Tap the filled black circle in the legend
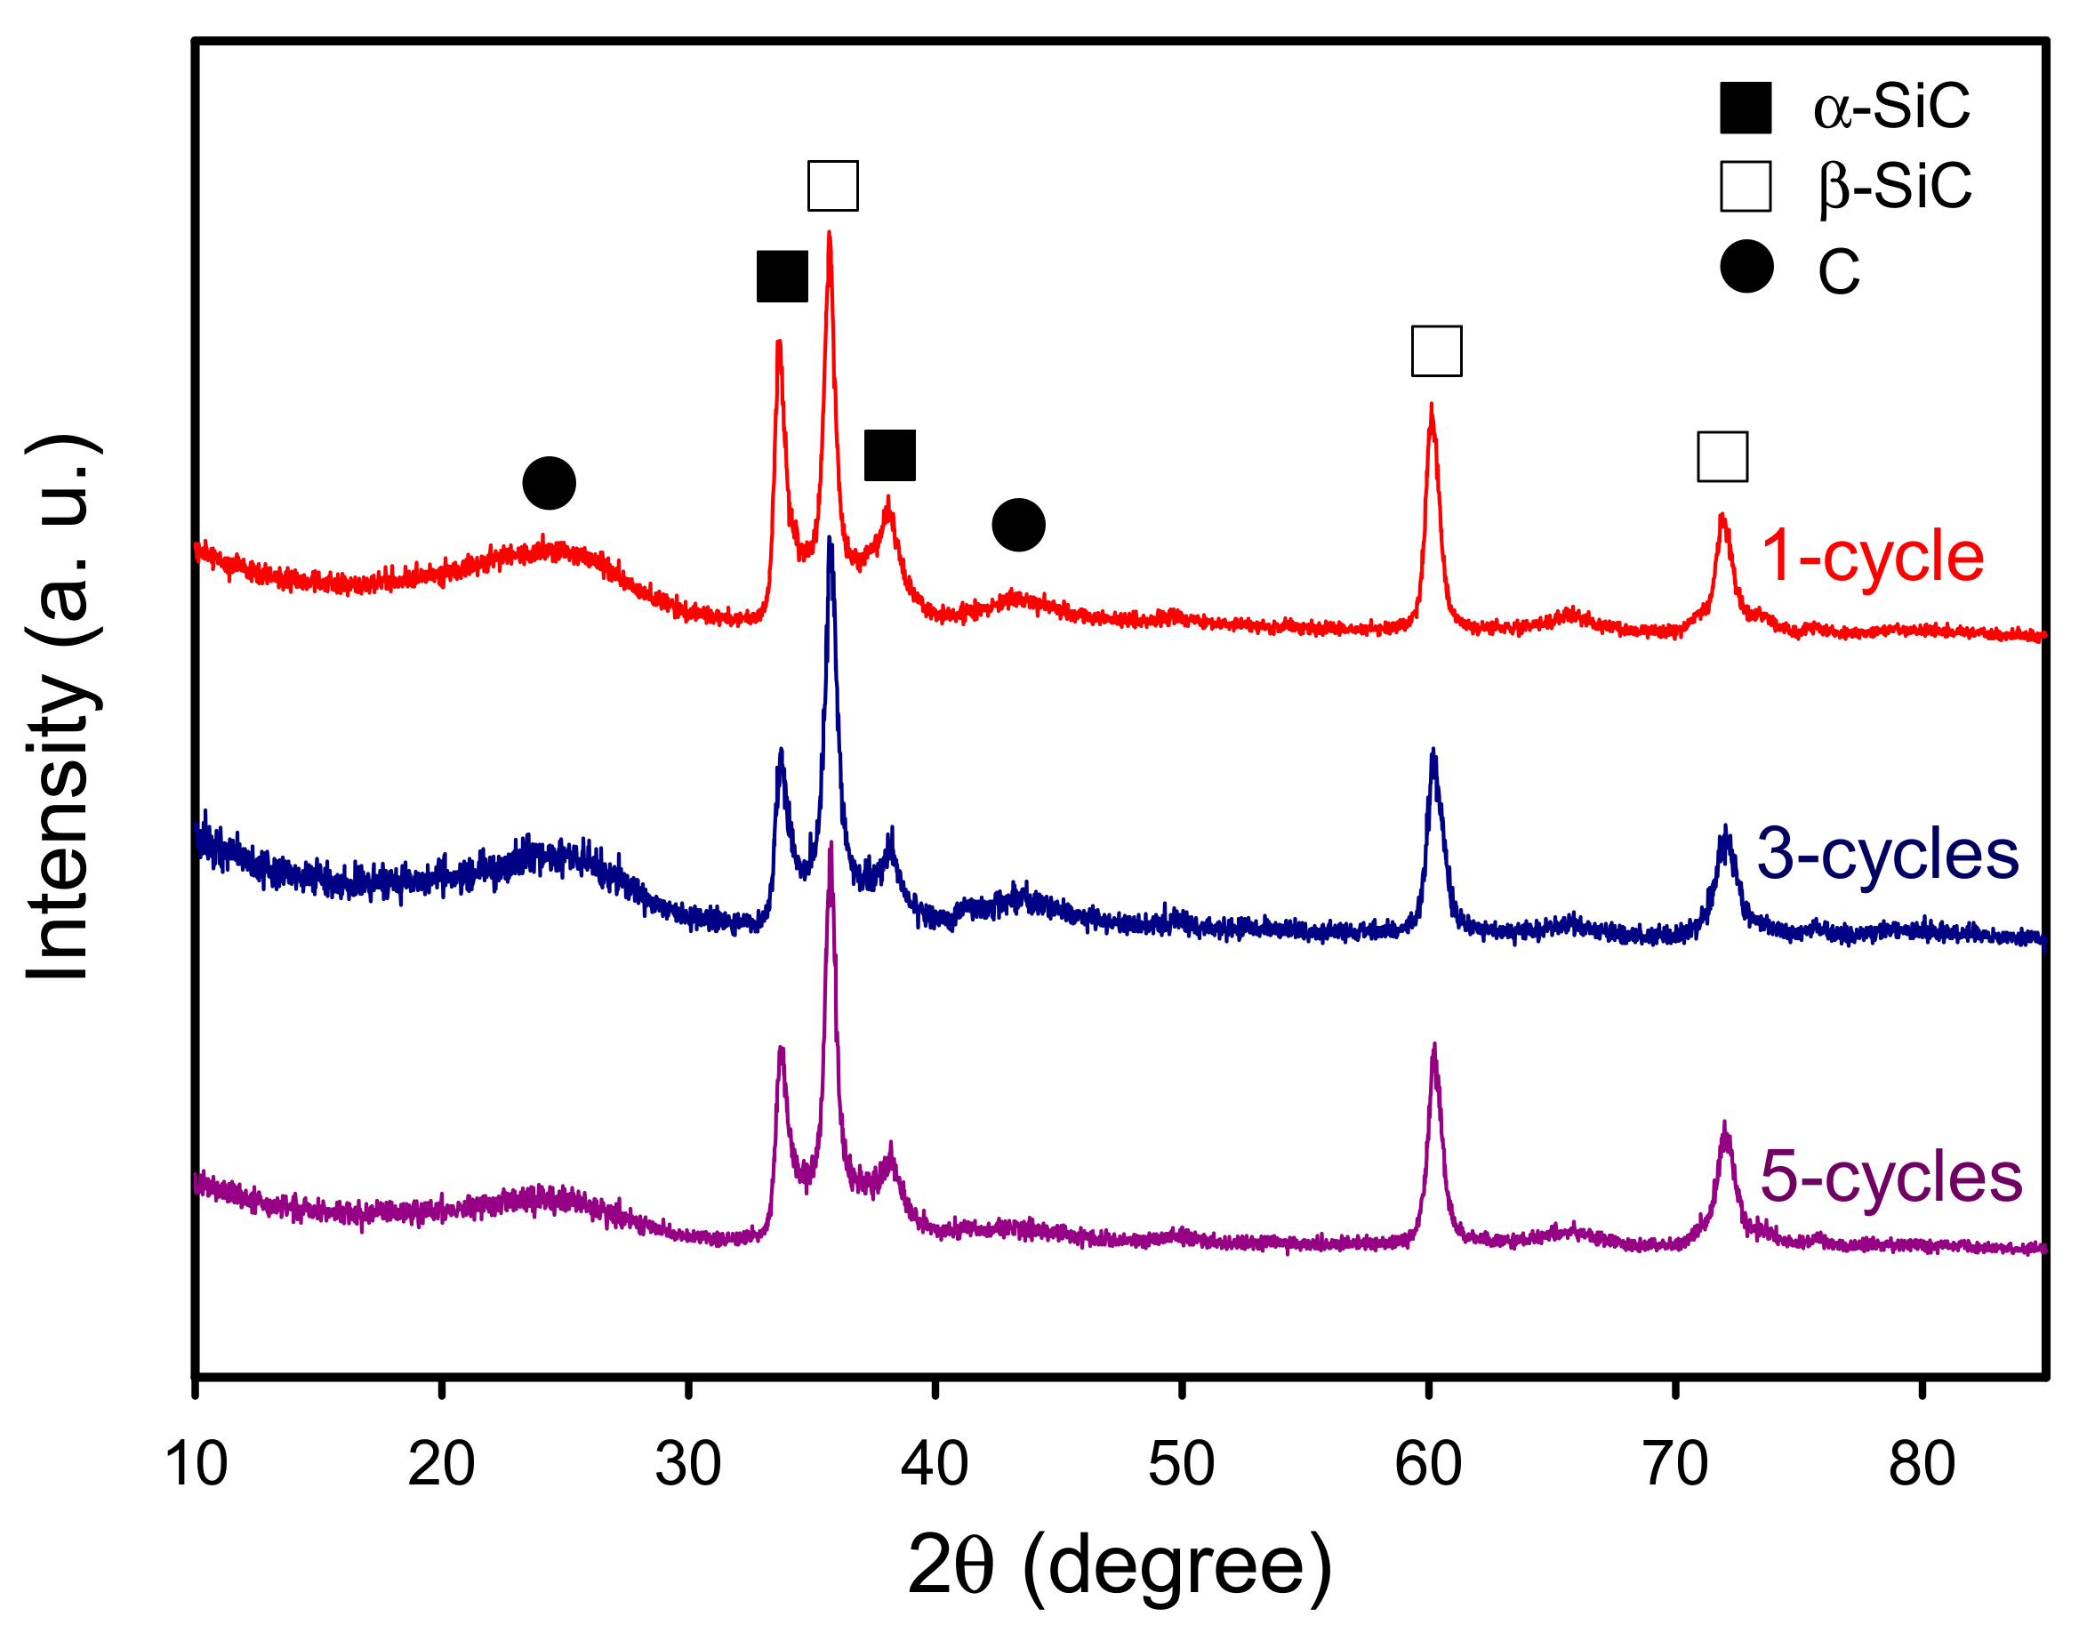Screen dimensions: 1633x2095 click(1746, 266)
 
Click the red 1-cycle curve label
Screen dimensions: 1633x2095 click(1872, 556)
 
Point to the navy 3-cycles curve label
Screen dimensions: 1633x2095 click(1887, 853)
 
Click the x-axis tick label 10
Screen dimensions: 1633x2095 click(196, 1465)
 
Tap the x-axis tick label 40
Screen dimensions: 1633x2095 click(935, 1465)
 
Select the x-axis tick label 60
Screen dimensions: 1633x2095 click(1427, 1465)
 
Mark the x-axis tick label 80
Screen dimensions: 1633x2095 click(1922, 1465)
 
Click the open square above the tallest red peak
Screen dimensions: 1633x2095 click(832, 186)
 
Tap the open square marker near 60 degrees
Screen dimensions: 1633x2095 click(1436, 351)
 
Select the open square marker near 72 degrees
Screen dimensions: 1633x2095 click(1722, 456)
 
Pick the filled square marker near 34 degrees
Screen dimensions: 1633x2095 click(782, 278)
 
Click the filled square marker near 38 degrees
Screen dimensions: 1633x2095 click(889, 455)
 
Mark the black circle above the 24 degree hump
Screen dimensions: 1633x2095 click(549, 483)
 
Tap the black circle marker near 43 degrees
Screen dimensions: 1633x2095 click(1018, 525)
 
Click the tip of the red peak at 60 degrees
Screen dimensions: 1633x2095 click(1432, 406)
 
